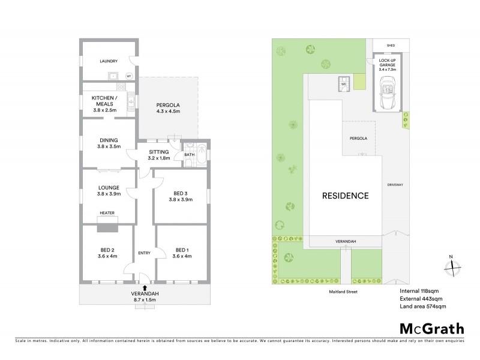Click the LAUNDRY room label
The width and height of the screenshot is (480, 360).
pos(108,61)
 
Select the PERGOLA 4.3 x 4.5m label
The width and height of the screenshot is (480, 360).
pos(168,108)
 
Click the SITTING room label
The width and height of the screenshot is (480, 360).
pos(159,152)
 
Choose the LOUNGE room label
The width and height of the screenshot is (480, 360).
pos(108,187)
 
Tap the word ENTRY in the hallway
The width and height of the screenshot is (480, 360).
pos(144,253)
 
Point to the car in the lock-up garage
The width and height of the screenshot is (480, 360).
pos(385,95)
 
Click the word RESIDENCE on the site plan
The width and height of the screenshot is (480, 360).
pos(345,196)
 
